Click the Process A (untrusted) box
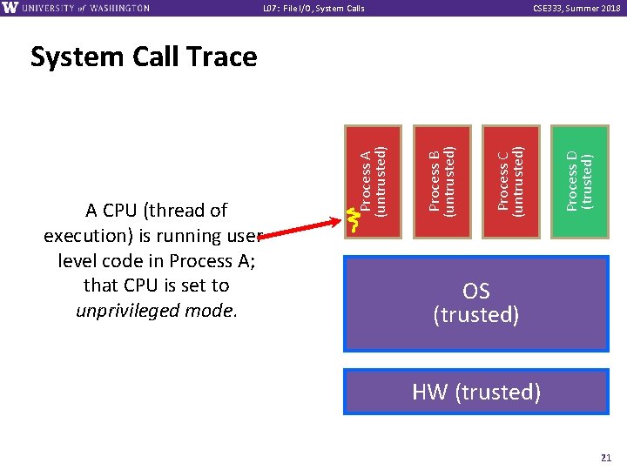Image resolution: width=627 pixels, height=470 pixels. (374, 181)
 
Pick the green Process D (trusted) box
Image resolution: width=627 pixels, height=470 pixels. (580, 181)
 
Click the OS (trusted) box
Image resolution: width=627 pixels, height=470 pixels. (475, 303)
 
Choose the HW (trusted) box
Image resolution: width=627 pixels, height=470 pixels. (475, 392)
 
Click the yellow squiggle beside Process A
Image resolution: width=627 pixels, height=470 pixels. (353, 220)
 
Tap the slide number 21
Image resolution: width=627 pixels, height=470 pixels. (606, 457)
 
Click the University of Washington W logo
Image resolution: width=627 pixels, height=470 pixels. (10, 8)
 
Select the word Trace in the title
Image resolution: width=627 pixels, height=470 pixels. (219, 57)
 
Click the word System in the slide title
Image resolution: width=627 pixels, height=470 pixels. (77, 57)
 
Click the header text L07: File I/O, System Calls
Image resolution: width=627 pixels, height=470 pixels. (313, 9)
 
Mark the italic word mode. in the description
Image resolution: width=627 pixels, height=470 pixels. (212, 311)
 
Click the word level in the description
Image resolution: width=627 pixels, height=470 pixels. (80, 260)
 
